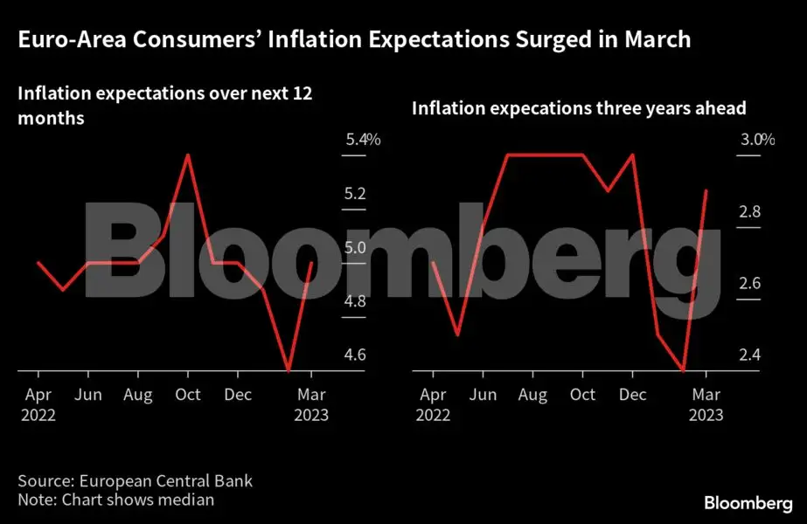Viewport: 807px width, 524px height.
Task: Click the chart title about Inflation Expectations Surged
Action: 354,39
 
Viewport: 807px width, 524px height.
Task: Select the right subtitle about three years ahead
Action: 578,108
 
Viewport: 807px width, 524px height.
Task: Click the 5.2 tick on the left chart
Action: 355,194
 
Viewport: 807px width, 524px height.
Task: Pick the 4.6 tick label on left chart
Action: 355,355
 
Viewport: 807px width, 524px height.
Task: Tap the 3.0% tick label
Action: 756,140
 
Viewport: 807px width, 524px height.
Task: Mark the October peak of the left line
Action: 187,155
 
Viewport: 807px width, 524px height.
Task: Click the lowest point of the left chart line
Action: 288,370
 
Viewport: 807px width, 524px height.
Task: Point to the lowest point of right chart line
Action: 683,370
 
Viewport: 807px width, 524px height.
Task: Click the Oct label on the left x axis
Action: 187,394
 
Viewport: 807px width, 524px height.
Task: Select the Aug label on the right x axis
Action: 532,394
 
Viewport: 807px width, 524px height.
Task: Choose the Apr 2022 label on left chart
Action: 37,404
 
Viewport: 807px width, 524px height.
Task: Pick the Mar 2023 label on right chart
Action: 706,404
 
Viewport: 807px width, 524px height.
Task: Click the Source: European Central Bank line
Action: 136,481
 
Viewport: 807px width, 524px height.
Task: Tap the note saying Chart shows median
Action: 115,500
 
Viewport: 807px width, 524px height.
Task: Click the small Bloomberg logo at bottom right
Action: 748,503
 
